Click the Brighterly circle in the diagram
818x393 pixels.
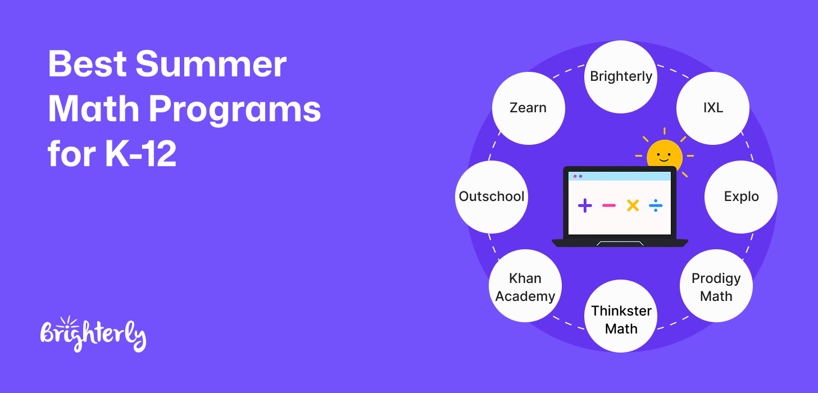coord(621,76)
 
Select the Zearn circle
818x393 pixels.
coord(529,108)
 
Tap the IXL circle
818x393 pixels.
coord(713,108)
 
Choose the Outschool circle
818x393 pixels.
coord(492,196)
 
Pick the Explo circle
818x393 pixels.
coord(741,196)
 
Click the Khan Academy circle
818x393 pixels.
coord(525,286)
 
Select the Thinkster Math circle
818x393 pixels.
coord(621,316)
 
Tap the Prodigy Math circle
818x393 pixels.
coord(716,286)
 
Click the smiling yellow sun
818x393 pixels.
coord(665,155)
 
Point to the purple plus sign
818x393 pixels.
coord(585,205)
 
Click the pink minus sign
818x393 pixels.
coord(609,205)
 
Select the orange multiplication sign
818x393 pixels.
coord(633,205)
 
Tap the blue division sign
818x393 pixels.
coord(656,205)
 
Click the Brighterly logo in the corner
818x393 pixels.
coord(93,334)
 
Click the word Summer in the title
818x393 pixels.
coord(211,64)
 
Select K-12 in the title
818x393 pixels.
coord(141,154)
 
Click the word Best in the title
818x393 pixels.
coord(87,64)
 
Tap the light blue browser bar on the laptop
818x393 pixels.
coord(620,176)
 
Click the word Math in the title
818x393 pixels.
coord(93,109)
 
